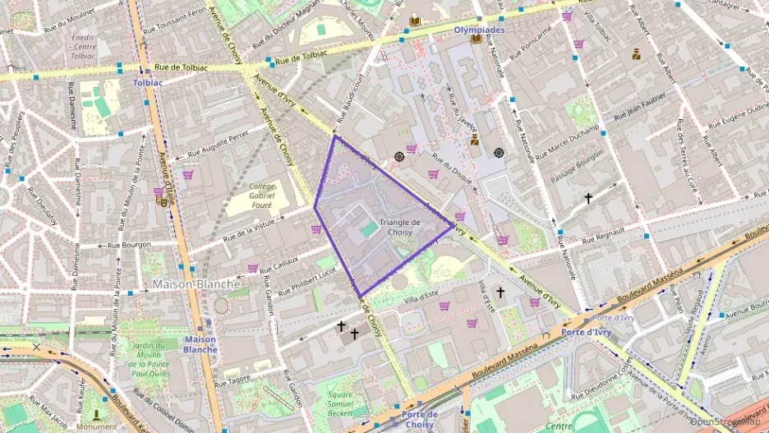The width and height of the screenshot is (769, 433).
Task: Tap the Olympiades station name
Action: pyautogui.click(x=478, y=30)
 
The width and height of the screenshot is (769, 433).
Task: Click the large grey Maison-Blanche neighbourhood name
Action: pyautogui.click(x=196, y=284)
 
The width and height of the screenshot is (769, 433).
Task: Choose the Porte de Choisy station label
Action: pyautogui.click(x=421, y=419)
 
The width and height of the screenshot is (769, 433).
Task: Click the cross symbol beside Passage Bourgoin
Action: pyautogui.click(x=588, y=199)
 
